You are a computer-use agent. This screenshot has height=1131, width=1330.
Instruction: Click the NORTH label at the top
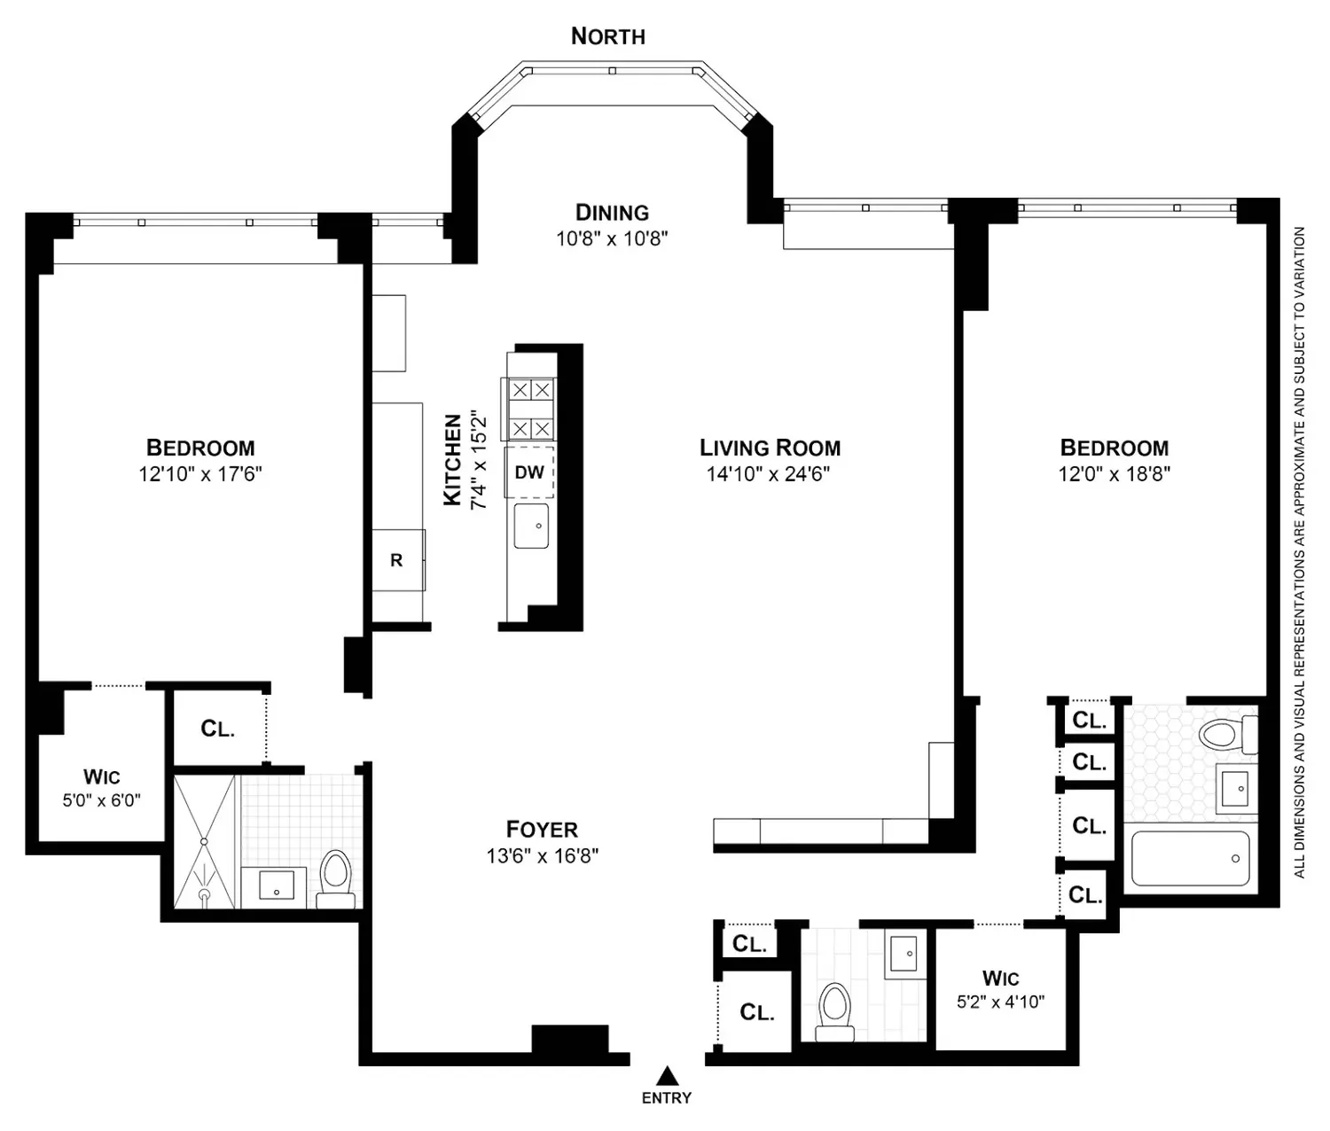(x=608, y=36)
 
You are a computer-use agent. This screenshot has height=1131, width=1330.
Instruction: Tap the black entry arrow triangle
(x=668, y=1076)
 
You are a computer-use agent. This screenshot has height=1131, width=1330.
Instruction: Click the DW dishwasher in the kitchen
(x=529, y=472)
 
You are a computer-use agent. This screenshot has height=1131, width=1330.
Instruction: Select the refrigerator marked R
(x=398, y=559)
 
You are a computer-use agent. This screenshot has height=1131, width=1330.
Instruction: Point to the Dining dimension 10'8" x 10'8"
(x=612, y=238)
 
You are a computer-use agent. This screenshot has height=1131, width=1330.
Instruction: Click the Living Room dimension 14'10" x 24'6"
(x=768, y=474)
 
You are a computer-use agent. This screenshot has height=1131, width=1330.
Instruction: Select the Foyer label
(x=542, y=829)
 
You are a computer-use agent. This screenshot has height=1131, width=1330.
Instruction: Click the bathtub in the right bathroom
(x=1191, y=858)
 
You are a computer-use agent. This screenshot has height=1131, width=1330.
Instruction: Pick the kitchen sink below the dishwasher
(x=531, y=526)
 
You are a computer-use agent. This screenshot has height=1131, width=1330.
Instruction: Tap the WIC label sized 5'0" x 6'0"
(x=102, y=776)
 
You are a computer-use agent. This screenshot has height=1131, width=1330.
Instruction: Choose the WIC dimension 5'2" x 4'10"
(x=1000, y=1002)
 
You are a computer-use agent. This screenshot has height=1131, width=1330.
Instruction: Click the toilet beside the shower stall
(x=336, y=878)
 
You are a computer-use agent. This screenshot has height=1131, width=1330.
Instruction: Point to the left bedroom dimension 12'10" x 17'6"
(x=200, y=474)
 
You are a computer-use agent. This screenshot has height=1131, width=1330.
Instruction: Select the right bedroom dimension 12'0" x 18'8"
(x=1114, y=474)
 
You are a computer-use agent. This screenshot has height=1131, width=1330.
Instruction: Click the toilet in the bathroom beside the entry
(x=834, y=1012)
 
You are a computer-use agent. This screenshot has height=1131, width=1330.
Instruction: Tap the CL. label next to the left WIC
(x=217, y=729)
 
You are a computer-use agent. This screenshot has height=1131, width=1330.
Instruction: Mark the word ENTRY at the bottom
(x=667, y=1097)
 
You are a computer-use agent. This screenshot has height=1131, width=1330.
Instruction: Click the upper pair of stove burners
(x=531, y=390)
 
